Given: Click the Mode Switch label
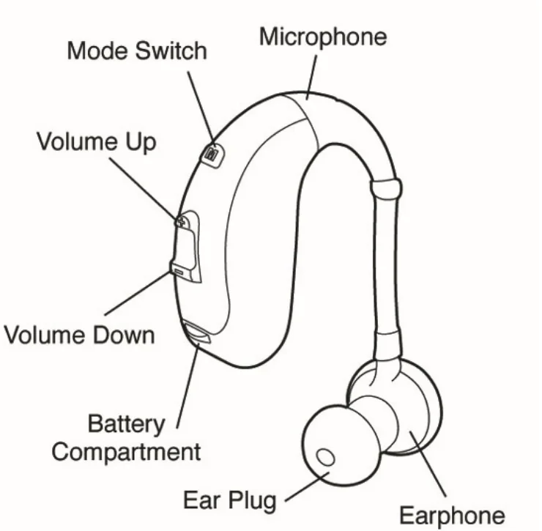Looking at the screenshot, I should [x=137, y=51].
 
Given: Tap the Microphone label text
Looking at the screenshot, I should [x=322, y=37].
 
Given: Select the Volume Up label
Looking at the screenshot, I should [x=97, y=141].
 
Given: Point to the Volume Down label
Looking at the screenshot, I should [x=80, y=335].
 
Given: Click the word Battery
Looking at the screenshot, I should [x=126, y=424].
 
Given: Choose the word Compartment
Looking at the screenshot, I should [x=126, y=451].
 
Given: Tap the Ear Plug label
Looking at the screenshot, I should [x=229, y=501].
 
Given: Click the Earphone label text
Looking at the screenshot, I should [x=452, y=515].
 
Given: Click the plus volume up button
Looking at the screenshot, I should [x=180, y=219].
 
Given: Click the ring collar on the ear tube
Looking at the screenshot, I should [x=386, y=187].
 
